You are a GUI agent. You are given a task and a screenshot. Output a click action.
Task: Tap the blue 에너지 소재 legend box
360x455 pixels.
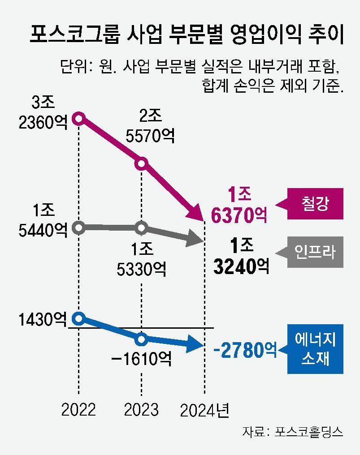click(315, 349)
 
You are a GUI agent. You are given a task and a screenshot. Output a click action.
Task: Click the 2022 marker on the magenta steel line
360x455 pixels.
click(79, 119)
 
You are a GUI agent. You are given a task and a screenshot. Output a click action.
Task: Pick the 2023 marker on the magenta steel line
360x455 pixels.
click(142, 163)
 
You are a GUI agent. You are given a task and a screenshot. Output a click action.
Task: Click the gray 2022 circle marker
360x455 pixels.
click(79, 227)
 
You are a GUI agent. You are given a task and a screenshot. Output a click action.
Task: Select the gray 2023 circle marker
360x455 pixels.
click(142, 228)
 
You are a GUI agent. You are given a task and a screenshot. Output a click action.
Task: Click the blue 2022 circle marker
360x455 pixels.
click(79, 318)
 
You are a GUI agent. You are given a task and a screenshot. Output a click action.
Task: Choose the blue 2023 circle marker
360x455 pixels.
click(142, 339)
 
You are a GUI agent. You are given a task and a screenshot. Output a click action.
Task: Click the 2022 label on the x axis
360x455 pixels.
click(79, 409)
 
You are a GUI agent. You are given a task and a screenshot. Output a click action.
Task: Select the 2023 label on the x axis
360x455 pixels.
click(142, 409)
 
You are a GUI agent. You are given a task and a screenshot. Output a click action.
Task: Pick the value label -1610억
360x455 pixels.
click(142, 358)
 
